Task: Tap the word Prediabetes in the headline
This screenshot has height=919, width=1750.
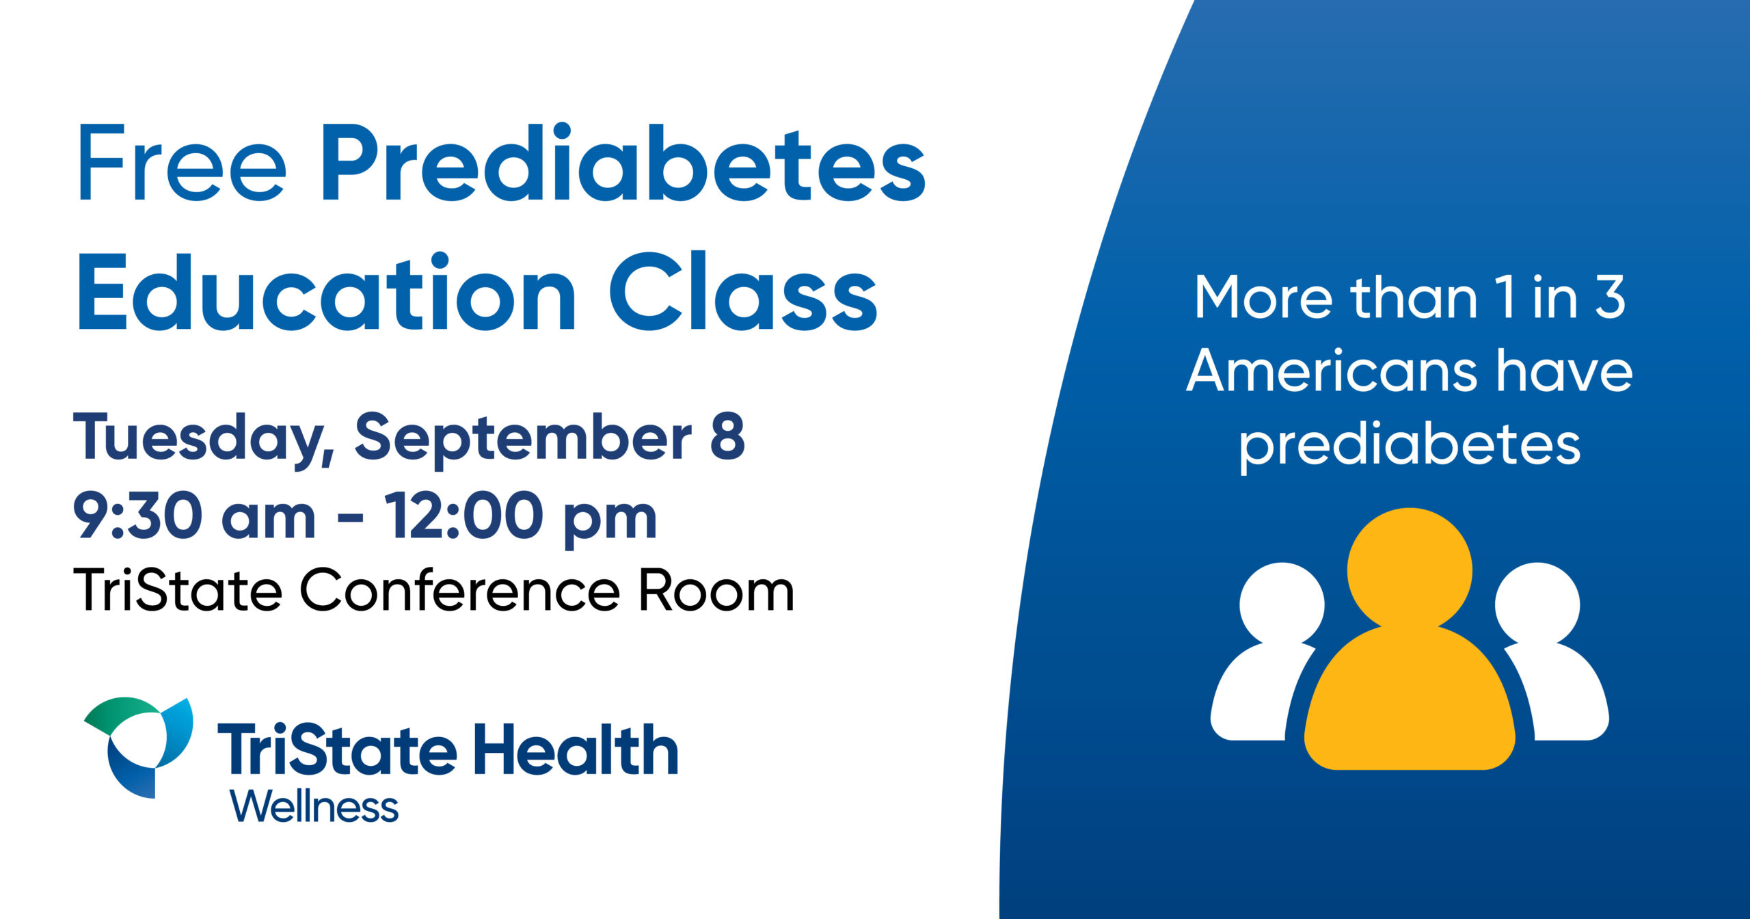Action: click(623, 163)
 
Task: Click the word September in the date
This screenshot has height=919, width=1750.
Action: click(523, 440)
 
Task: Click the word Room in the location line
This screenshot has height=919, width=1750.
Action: click(716, 590)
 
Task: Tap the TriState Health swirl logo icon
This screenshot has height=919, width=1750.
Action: click(138, 747)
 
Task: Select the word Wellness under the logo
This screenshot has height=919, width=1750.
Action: click(314, 807)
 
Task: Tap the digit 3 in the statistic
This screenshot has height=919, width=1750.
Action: click(1611, 297)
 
